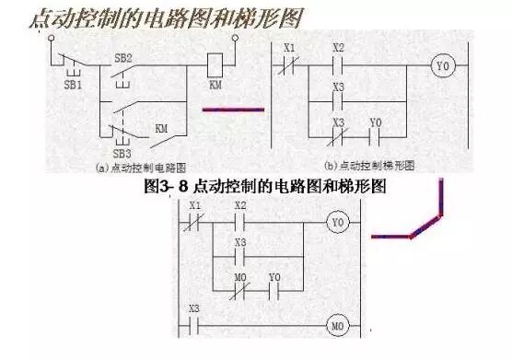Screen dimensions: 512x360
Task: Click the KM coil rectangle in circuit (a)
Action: point(215,63)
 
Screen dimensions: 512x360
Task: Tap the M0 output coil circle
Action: point(336,326)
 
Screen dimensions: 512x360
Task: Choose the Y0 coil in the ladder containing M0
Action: point(337,223)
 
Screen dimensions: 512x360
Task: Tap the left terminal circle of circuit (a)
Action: point(51,40)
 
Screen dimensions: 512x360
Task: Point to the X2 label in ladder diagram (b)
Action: point(337,48)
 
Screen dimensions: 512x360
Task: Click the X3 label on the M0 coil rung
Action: point(193,307)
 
